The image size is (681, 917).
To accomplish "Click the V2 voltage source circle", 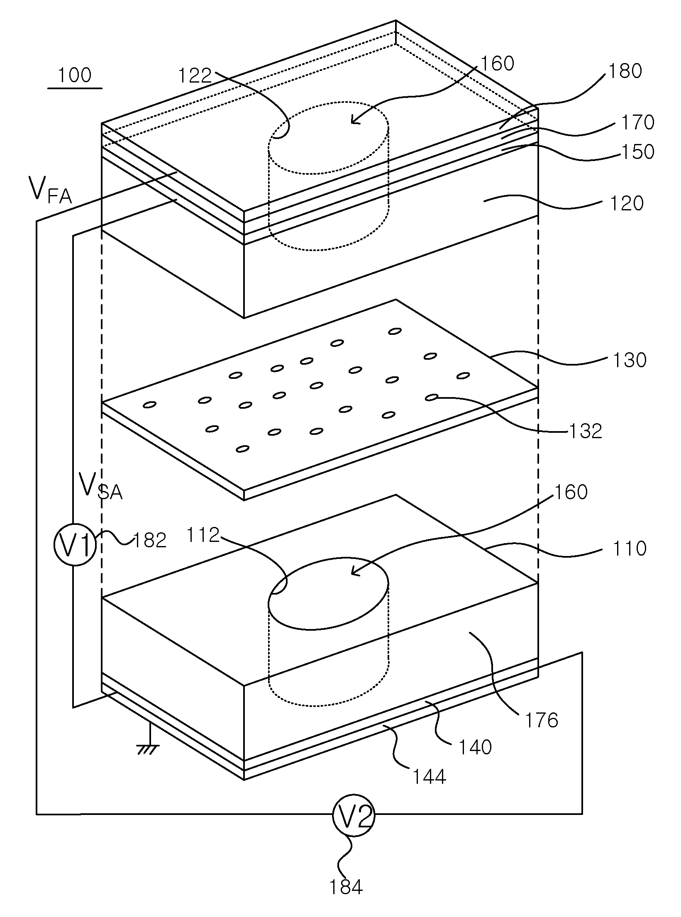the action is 354,815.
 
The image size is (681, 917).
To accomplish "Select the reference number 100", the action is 75,76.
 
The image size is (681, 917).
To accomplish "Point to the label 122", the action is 195,76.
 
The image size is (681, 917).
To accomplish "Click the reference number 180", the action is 625,71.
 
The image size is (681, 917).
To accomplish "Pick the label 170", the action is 637,122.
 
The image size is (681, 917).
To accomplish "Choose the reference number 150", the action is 637,152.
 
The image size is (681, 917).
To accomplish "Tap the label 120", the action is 626,204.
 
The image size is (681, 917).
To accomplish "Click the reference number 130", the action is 629,360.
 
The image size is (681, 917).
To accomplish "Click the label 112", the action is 203,535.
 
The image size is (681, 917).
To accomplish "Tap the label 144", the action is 429,776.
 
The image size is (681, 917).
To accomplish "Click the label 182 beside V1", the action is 149,540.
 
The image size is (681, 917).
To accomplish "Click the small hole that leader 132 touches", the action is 432,398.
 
